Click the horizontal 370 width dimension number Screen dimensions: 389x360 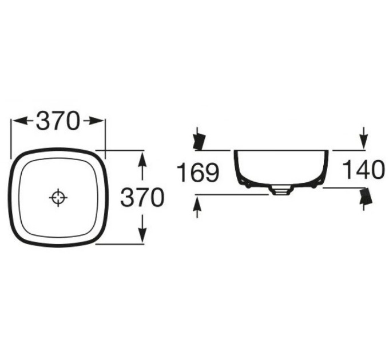58,121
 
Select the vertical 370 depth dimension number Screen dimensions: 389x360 142,197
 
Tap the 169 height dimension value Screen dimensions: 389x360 198,172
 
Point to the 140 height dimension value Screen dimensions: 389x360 363,170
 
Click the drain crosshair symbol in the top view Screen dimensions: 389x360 58,198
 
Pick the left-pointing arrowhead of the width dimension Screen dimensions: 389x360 20,121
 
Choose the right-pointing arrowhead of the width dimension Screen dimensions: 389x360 94,121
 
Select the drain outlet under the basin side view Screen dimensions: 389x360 281,190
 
